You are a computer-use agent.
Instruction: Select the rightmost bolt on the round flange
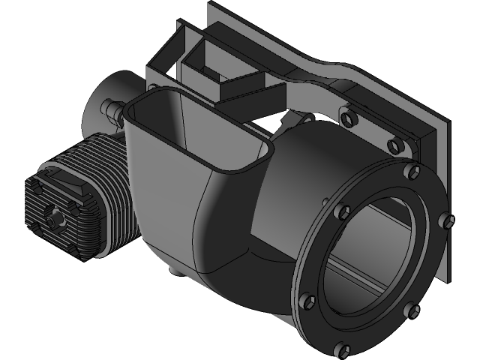[x=448, y=220]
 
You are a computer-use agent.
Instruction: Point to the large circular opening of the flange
[x=375, y=255]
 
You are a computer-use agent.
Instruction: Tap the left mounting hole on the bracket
[x=346, y=116]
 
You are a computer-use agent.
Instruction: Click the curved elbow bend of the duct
[x=225, y=240]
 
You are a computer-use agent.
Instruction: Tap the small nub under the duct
[x=173, y=268]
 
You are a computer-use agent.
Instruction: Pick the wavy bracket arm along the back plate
[x=315, y=75]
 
